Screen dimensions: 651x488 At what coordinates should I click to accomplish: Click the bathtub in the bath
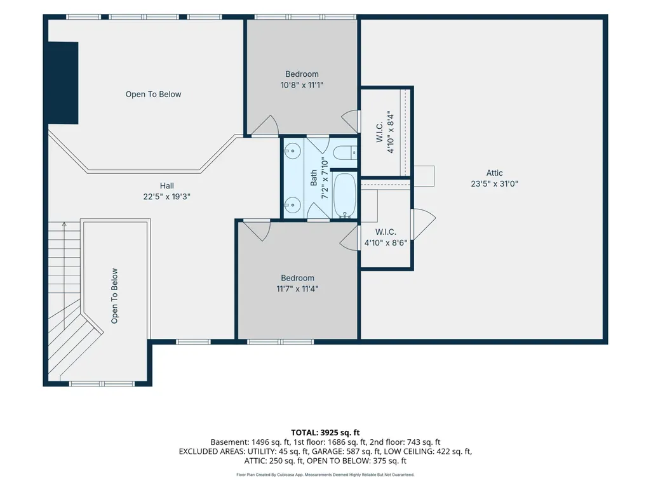click(345, 195)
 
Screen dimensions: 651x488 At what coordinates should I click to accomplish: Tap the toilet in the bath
click(346, 152)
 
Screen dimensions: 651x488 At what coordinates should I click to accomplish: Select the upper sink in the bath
click(293, 151)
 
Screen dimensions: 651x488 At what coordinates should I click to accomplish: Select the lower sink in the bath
click(293, 204)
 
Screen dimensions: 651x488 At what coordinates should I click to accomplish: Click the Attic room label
click(495, 173)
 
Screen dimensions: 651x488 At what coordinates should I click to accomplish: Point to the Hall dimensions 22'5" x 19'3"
click(166, 197)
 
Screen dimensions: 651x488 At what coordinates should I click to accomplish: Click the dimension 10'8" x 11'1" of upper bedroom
click(302, 85)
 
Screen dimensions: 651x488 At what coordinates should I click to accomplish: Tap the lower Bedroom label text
click(297, 278)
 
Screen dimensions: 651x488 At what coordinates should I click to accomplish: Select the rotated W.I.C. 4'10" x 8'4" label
click(385, 132)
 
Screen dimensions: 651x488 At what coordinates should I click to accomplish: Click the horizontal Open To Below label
click(153, 94)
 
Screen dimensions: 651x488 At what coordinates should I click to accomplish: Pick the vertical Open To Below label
click(114, 296)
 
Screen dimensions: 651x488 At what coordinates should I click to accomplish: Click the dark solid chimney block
click(63, 82)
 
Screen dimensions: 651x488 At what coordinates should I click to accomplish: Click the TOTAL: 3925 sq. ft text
click(325, 433)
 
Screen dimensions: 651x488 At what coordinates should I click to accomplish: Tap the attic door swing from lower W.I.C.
click(423, 225)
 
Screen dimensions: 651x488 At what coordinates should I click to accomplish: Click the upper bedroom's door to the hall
click(265, 124)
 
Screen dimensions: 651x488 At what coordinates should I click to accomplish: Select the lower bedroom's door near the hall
click(257, 230)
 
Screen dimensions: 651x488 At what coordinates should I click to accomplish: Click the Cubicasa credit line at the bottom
click(325, 475)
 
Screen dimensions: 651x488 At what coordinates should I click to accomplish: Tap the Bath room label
click(314, 178)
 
